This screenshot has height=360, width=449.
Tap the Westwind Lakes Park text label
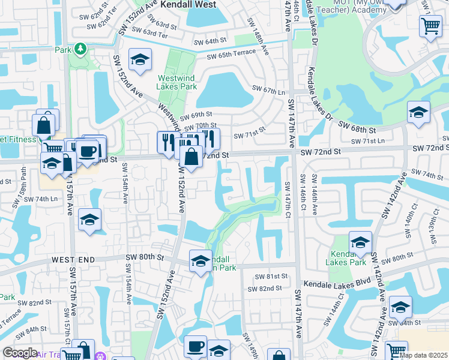tap(176, 82)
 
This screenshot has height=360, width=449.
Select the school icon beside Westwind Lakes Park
tap(140, 60)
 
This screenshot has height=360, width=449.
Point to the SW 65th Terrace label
tap(231, 57)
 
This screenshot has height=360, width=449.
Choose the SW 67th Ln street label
tap(269, 90)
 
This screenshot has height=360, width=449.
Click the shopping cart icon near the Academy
tap(430, 26)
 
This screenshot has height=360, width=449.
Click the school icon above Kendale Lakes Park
tap(360, 242)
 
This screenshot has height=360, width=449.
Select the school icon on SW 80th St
tap(200, 260)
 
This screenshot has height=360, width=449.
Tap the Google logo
tap(20, 353)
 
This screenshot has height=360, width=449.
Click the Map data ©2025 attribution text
tap(424, 355)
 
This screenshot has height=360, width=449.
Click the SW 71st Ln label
tap(368, 141)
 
